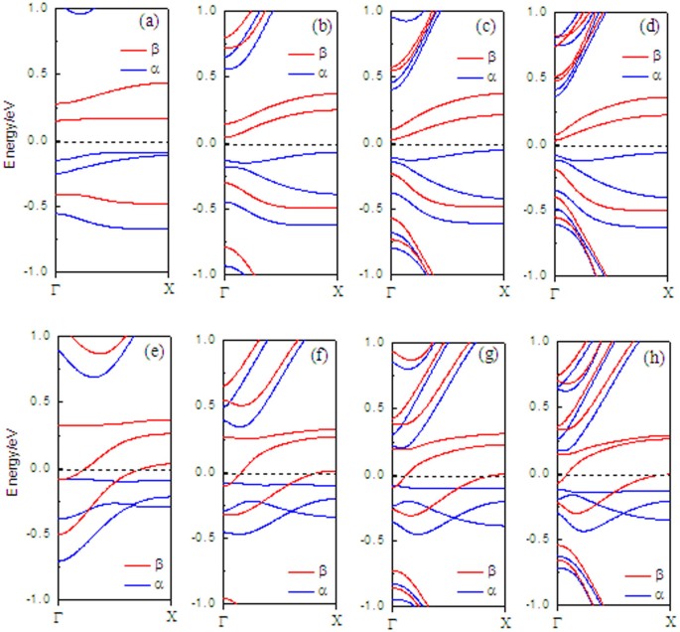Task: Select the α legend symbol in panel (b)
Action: (303, 74)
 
